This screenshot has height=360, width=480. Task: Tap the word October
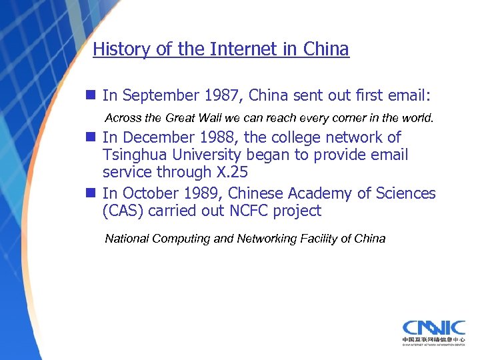coord(145,193)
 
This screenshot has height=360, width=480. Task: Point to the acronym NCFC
coord(246,211)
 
